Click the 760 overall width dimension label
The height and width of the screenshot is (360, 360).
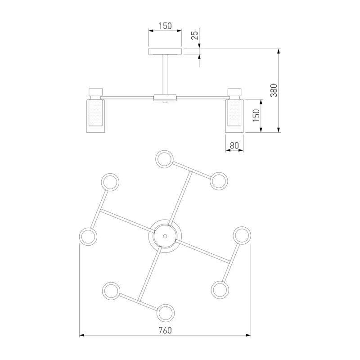[x=165, y=330]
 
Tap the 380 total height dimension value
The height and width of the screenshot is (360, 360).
[x=274, y=90]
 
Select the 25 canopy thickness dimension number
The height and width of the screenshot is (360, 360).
[x=195, y=35]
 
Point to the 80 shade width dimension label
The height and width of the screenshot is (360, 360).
[x=234, y=145]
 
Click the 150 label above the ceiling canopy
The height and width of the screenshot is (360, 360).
[x=165, y=26]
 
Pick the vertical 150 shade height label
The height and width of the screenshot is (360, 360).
[x=256, y=116]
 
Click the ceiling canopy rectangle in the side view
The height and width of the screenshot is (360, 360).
[x=165, y=52]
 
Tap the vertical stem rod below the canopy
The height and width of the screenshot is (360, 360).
[x=165, y=74]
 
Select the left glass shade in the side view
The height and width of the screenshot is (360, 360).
[x=95, y=116]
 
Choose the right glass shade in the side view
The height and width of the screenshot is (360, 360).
[x=234, y=116]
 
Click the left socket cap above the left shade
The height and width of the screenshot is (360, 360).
[x=95, y=92]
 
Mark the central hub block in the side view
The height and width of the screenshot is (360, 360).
[x=165, y=98]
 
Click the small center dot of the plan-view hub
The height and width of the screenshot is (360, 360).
[x=165, y=236]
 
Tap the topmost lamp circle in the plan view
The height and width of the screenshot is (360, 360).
[x=164, y=159]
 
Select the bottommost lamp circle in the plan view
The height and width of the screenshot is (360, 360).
[x=166, y=313]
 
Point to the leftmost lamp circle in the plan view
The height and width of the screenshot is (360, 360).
[x=88, y=237]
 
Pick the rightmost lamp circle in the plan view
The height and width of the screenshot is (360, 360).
[x=242, y=235]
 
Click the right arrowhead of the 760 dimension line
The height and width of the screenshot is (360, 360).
[x=248, y=335]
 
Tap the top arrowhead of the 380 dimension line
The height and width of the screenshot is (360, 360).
[x=279, y=51]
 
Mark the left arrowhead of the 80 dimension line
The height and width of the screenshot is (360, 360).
[x=228, y=150]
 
